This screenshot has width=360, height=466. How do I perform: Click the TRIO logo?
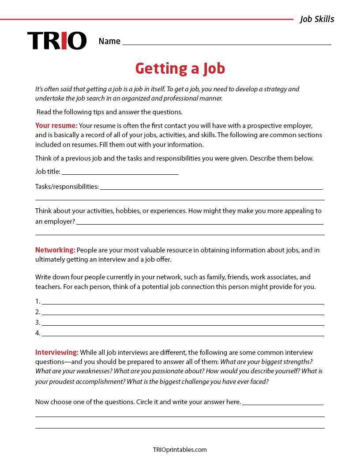[57, 41]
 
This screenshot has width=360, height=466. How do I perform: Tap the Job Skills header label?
[317, 19]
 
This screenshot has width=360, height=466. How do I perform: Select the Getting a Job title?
[180, 68]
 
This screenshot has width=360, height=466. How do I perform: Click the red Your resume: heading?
[56, 125]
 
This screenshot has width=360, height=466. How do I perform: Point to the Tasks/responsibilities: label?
[67, 187]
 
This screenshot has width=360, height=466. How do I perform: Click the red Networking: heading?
[55, 250]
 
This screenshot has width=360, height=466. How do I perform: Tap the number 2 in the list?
[37, 312]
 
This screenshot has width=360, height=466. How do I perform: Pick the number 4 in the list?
[37, 333]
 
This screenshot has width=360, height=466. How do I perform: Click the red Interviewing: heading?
[57, 353]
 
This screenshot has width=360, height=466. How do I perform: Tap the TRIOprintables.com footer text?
[180, 450]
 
